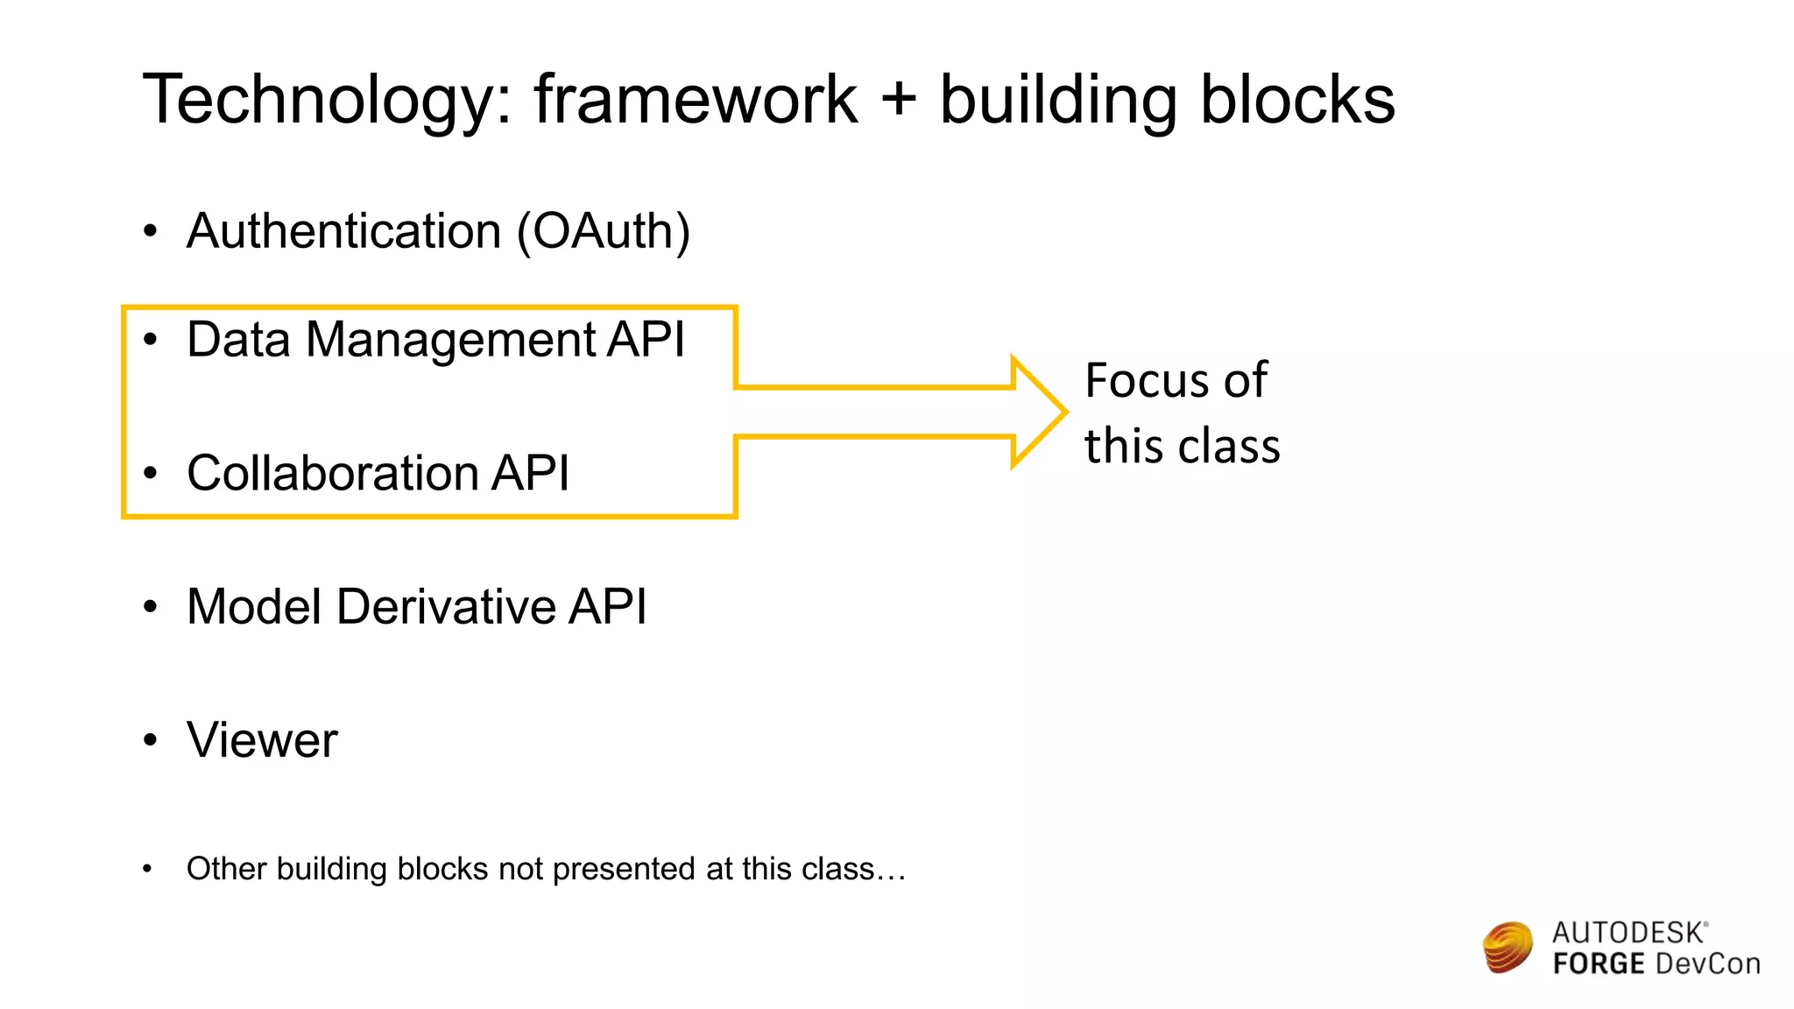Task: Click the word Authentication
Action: click(x=343, y=231)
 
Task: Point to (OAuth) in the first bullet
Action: click(x=604, y=231)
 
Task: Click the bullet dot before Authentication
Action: click(x=151, y=231)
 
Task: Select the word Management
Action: click(x=451, y=340)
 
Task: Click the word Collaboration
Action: click(x=332, y=473)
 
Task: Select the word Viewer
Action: click(x=262, y=740)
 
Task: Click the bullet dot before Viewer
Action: click(x=151, y=740)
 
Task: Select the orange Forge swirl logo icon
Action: click(x=1508, y=947)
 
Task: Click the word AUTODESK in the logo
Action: click(x=1628, y=933)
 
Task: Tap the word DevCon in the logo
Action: click(x=1707, y=964)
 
